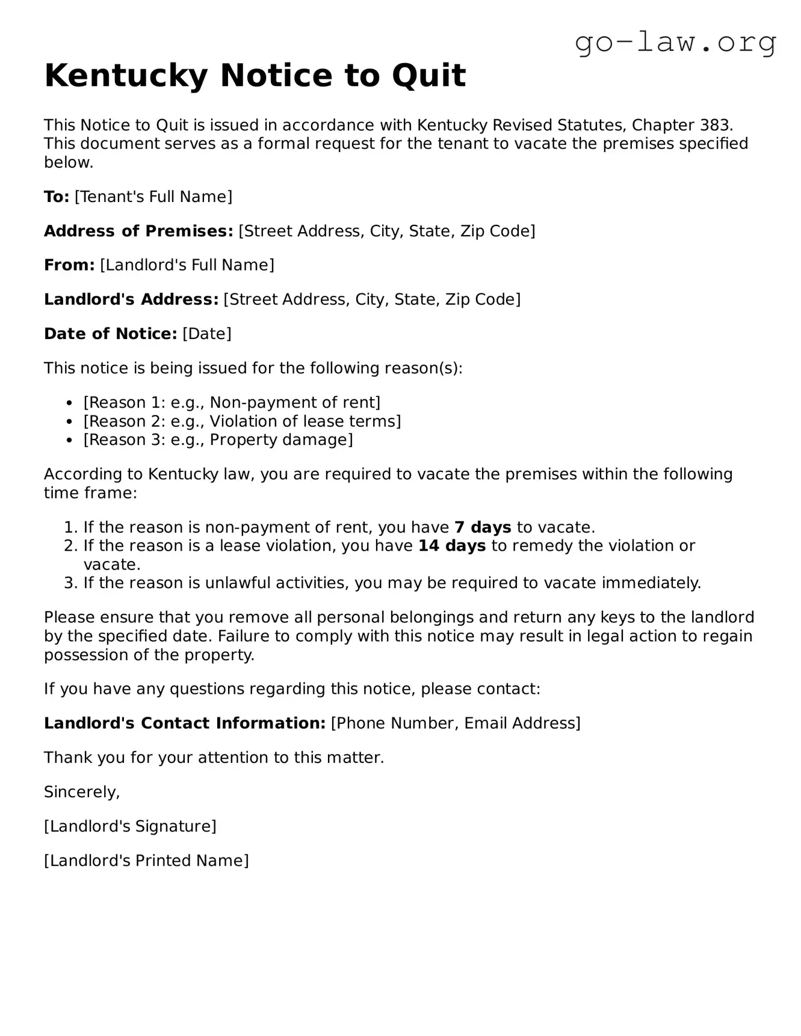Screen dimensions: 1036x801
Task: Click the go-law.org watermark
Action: tap(675, 43)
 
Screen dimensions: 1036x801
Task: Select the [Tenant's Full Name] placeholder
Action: tap(153, 197)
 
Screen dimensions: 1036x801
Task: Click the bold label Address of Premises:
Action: tap(138, 231)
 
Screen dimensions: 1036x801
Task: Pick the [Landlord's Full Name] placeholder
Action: tap(187, 265)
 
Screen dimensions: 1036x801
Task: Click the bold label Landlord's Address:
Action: tap(131, 299)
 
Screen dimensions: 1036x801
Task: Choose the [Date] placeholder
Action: tap(206, 334)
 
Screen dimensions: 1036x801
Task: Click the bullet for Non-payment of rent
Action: tap(70, 403)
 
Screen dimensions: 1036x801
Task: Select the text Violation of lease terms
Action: tap(303, 421)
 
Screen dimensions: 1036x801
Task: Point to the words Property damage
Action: tap(279, 440)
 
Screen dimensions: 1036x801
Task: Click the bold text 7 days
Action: tap(483, 527)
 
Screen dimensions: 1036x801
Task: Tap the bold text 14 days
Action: tap(452, 546)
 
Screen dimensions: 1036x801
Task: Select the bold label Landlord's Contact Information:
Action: tap(185, 723)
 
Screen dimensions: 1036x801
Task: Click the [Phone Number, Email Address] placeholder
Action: tap(456, 723)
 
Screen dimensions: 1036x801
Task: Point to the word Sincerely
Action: tap(82, 792)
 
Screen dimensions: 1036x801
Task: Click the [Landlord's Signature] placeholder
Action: tap(130, 826)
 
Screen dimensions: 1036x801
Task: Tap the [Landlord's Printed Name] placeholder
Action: tap(146, 860)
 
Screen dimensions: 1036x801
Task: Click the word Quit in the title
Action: tap(428, 76)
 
